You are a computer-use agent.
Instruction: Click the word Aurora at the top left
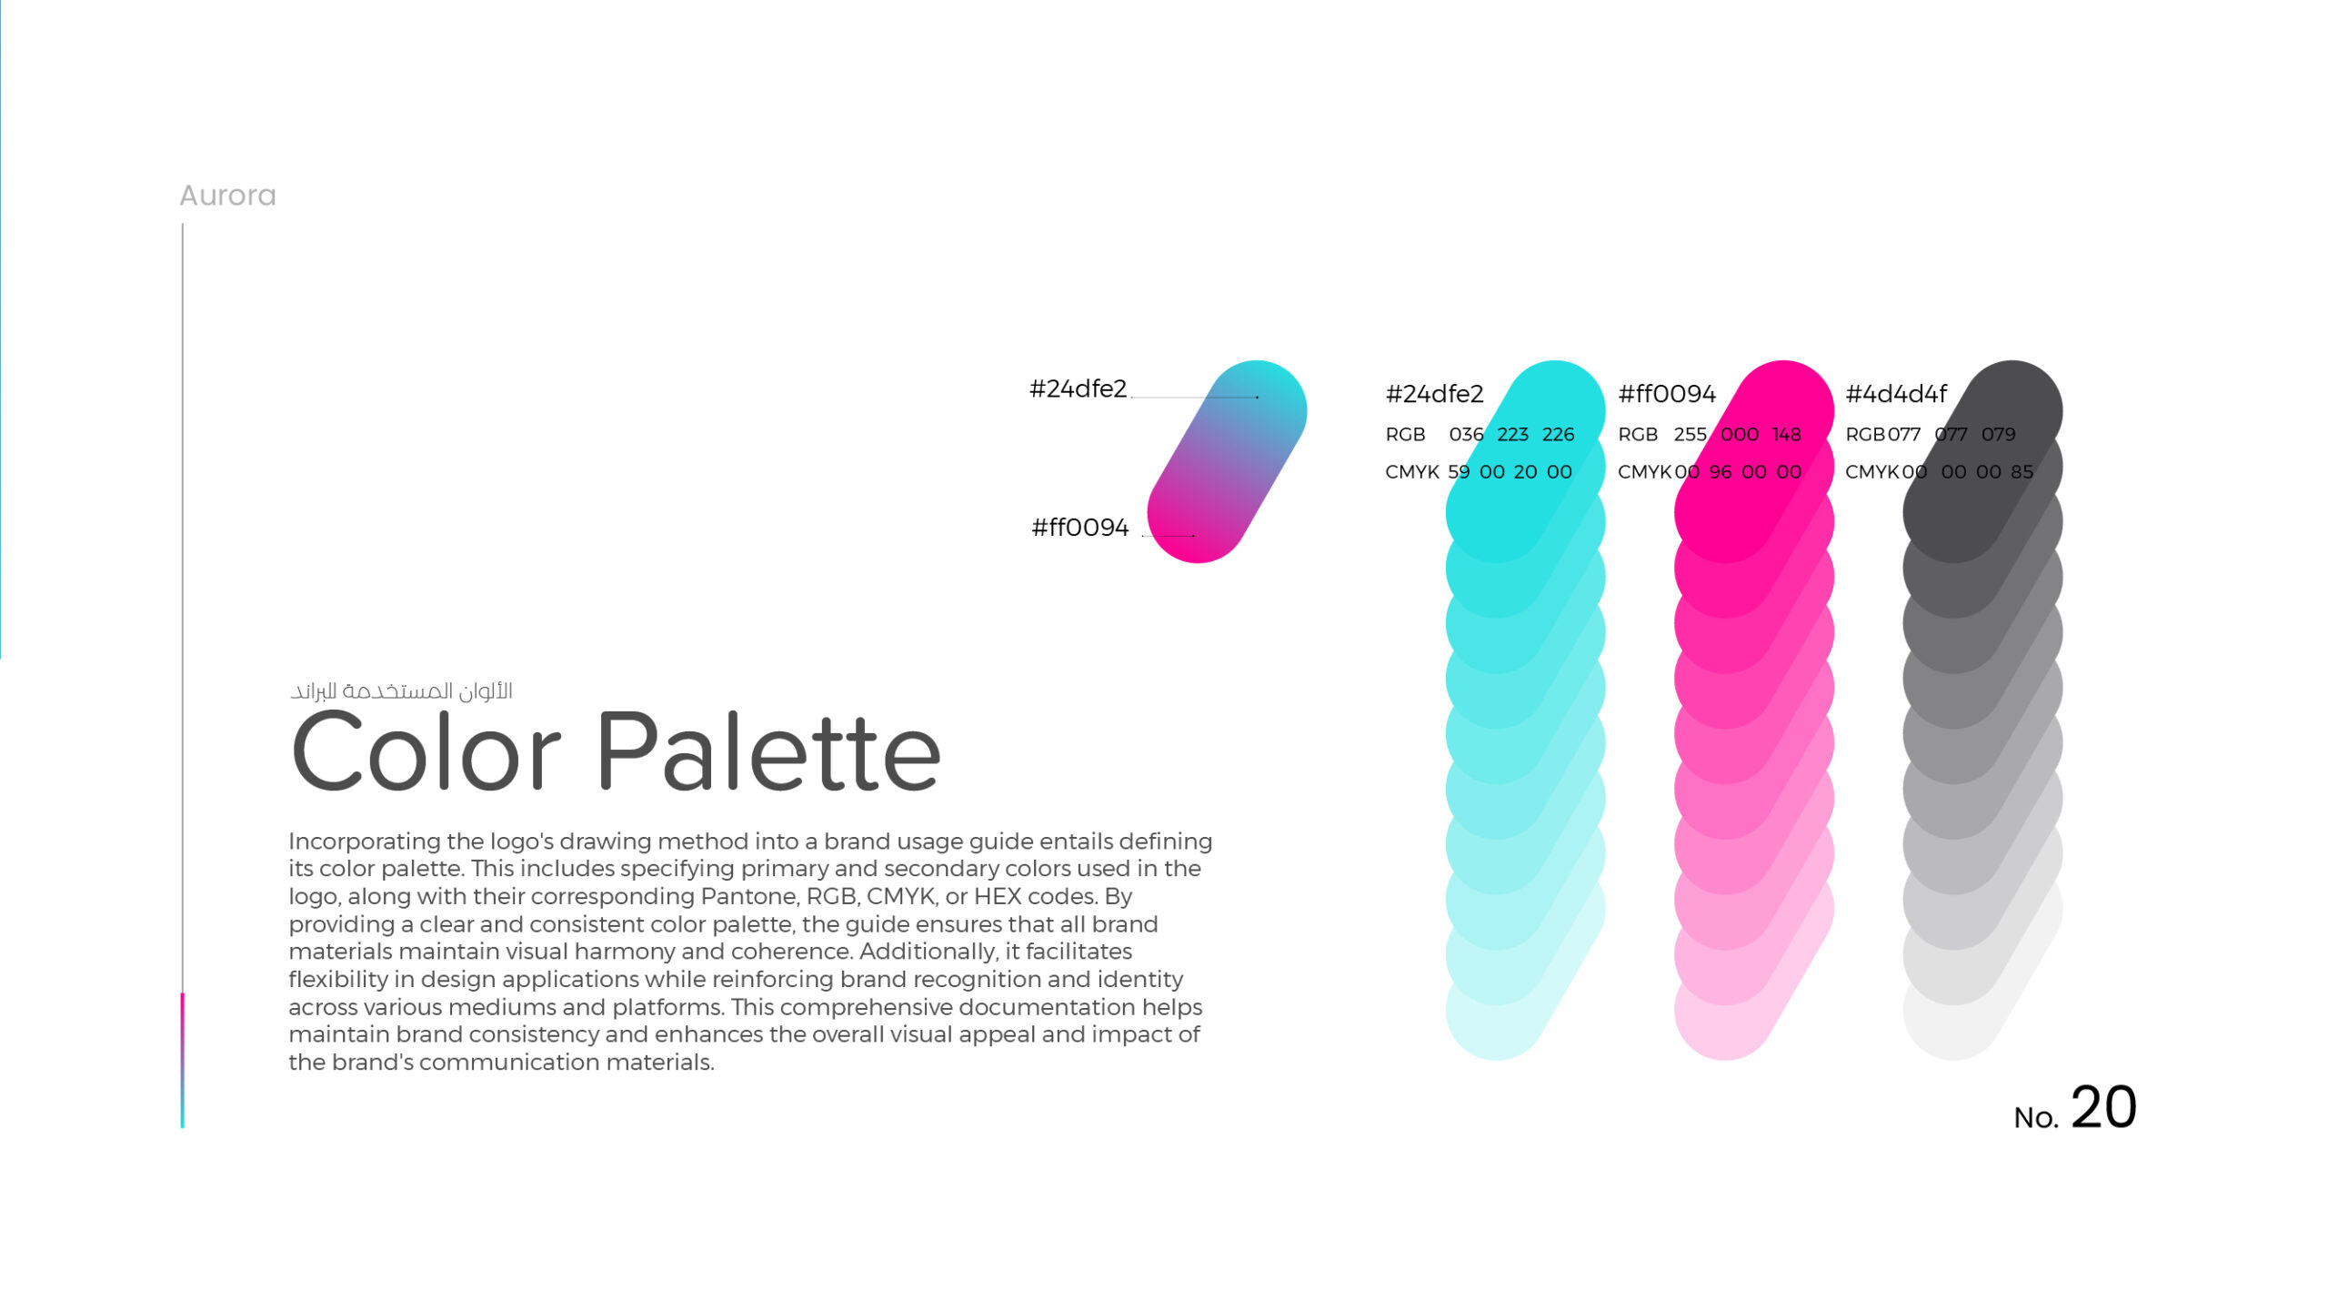point(227,196)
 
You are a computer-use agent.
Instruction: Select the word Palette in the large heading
point(768,751)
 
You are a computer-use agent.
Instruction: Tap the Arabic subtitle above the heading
point(401,691)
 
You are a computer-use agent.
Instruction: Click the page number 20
point(2103,1108)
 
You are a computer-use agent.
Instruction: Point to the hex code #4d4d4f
point(1896,394)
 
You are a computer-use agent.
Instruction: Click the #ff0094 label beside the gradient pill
point(1079,528)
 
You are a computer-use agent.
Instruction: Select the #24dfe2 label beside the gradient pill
point(1078,389)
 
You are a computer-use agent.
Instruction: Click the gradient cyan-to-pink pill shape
point(1227,461)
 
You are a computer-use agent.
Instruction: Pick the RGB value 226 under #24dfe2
point(1558,435)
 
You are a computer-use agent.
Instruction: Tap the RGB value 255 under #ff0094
point(1690,435)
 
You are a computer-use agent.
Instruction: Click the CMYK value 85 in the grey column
point(2022,472)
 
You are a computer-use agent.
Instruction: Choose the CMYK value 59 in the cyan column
point(1459,472)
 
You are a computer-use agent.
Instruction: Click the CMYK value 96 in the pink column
point(1721,472)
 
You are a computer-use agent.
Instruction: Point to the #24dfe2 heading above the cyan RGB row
point(1434,394)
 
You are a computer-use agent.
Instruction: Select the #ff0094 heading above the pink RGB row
point(1667,394)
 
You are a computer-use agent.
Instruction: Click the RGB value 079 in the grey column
point(1998,435)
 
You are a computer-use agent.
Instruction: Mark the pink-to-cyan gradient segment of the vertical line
point(183,1061)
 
